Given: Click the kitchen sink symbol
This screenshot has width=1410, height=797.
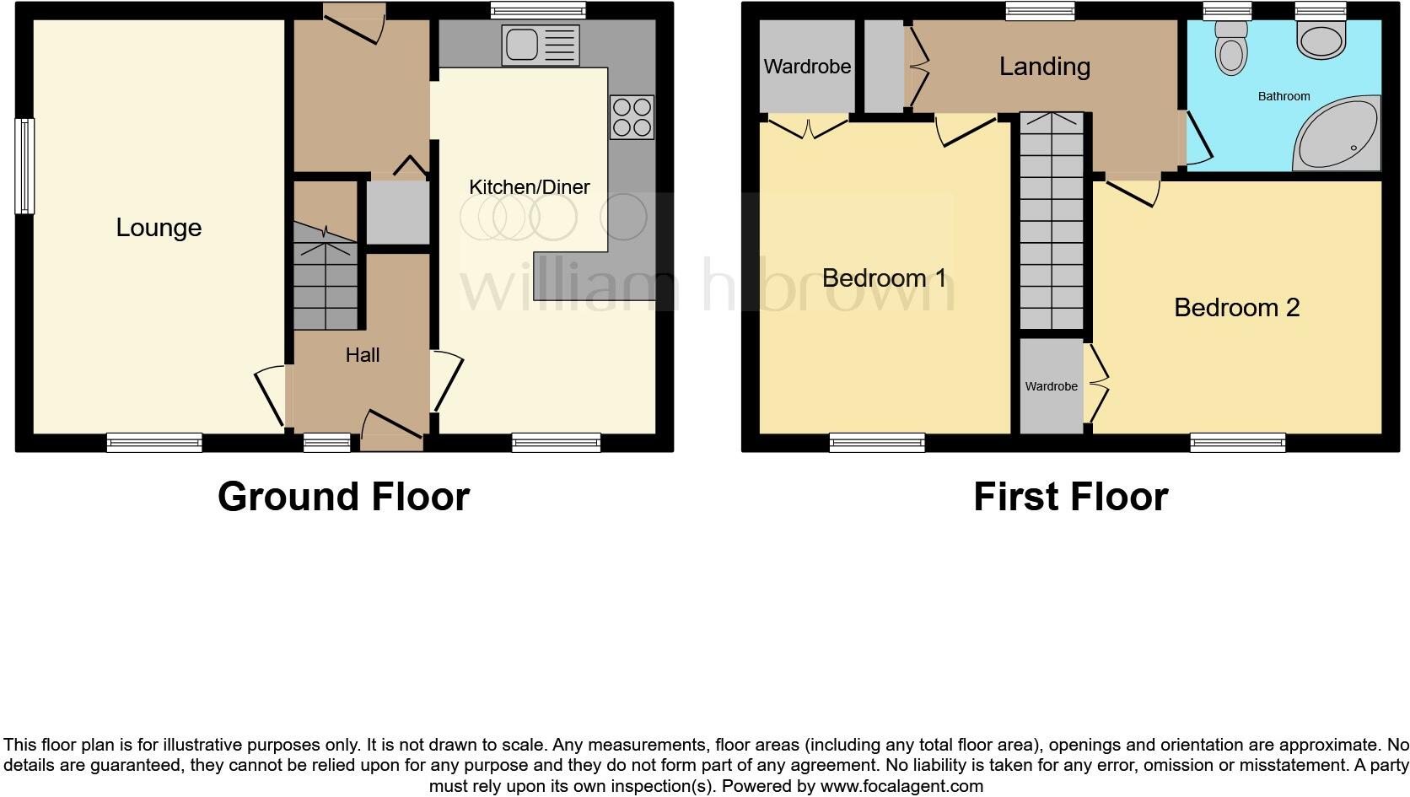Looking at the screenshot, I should pos(540,45).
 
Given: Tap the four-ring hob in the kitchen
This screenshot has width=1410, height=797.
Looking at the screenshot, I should pos(632,117).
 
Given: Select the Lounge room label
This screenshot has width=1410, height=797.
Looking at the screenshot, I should pos(159,228).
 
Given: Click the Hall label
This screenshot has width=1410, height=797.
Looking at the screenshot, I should pos(363,355).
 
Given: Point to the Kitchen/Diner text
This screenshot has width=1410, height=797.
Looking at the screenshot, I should pos(529,187).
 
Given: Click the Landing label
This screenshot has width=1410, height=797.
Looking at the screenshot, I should pos(1044,67).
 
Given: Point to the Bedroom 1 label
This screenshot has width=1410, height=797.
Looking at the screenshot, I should pos(884,277).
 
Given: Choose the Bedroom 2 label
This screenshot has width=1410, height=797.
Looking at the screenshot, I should pos(1236,308).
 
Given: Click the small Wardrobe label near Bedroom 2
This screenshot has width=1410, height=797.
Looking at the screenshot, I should pos(1051,386).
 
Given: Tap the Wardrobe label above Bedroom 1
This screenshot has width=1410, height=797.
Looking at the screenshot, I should pos(807,67).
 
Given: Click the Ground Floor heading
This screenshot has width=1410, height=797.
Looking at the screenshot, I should pos(343,497).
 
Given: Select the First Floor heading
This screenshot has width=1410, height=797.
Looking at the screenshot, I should pos(1070,497).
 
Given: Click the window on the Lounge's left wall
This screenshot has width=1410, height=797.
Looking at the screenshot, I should pos(24,165).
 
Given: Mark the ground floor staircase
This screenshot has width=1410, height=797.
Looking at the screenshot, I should pos(326,278).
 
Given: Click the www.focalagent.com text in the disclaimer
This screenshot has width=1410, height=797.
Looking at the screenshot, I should pos(901,786).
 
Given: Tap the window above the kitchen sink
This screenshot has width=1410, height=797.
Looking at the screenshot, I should pos(538,11).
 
